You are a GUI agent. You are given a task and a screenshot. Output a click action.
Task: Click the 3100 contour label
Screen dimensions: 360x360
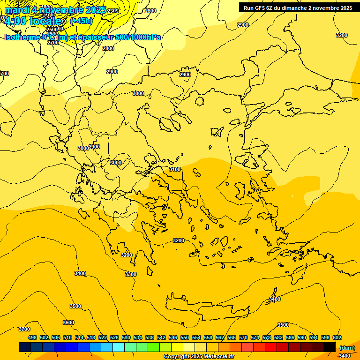175,169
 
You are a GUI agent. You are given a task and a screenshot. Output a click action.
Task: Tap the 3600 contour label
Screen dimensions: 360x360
68,322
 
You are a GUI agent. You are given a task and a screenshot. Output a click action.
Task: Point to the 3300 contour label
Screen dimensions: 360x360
131,274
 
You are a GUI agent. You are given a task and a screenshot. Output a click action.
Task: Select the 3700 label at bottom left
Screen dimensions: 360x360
24,329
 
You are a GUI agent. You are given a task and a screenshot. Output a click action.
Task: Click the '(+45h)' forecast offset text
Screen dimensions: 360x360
81,21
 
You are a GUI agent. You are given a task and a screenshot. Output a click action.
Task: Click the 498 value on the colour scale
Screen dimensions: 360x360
32,337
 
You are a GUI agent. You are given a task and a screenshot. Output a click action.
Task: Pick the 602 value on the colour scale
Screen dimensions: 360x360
337,337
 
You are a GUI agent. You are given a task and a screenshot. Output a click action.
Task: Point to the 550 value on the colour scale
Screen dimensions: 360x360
185,337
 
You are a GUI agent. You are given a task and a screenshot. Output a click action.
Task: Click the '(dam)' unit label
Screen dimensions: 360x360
347,347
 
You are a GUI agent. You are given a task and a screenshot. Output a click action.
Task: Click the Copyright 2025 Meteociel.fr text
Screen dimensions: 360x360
199,356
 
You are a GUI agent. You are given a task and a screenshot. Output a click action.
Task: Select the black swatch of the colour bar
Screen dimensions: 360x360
330,347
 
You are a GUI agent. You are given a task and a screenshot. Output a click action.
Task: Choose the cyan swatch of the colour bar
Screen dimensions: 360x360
119,347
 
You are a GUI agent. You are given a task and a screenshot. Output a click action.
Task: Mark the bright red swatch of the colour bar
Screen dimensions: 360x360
271,347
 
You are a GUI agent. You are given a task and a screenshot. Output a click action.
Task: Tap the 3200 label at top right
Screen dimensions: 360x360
342,35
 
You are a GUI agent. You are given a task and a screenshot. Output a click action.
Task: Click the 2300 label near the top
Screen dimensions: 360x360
112,11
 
